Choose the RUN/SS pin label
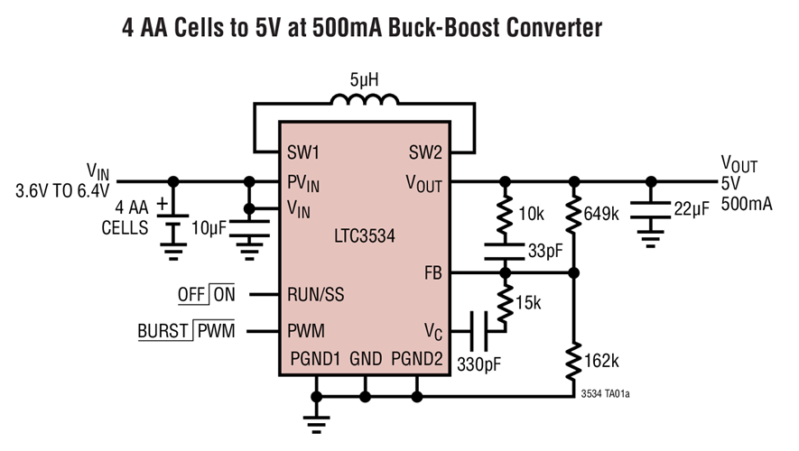coord(315,294)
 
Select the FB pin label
coord(432,272)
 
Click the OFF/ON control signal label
coord(205,294)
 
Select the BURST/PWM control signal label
coord(185,331)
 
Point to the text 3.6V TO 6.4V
coord(61,191)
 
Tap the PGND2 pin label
coord(417,359)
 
